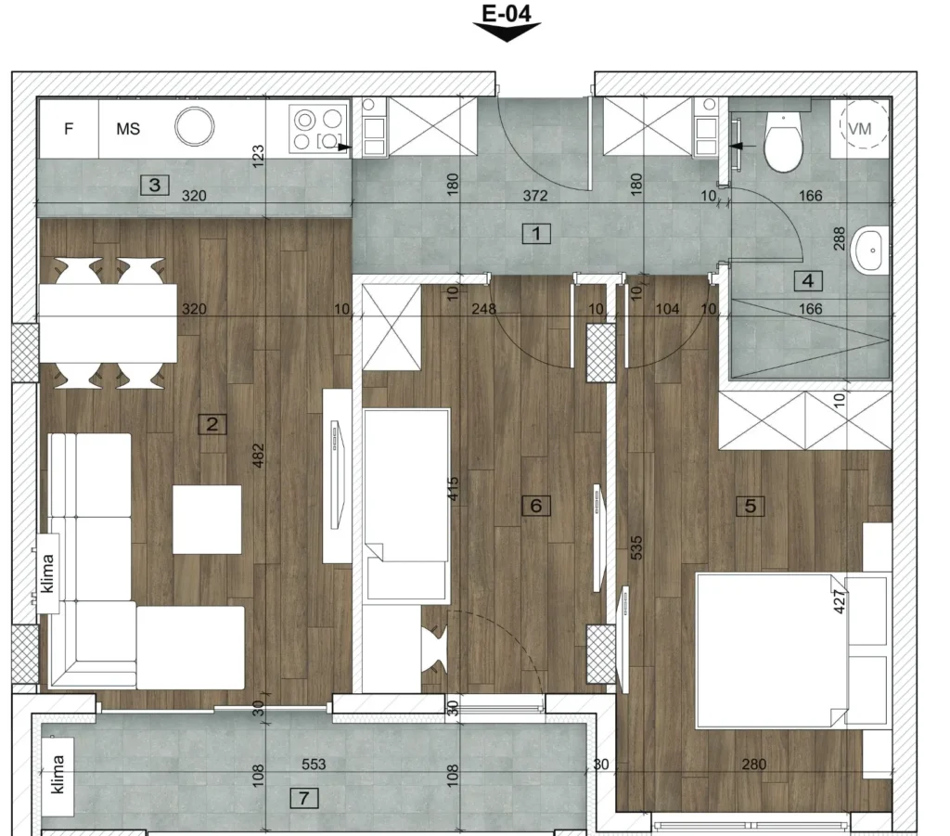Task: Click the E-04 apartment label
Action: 507,13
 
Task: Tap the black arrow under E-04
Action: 507,32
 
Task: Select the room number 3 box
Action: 155,185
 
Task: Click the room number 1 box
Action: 536,233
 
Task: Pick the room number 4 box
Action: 808,280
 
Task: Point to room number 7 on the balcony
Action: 304,798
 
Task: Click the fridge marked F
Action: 69,128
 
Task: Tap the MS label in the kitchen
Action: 128,128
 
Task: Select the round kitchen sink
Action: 195,126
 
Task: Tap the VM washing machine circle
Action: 864,128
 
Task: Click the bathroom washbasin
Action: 870,250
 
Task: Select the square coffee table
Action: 207,520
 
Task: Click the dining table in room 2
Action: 108,323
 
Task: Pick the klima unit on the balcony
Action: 58,774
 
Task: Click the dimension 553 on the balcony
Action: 314,765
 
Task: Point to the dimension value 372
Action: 535,196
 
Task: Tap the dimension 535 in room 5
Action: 636,547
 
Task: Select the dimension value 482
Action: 258,456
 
